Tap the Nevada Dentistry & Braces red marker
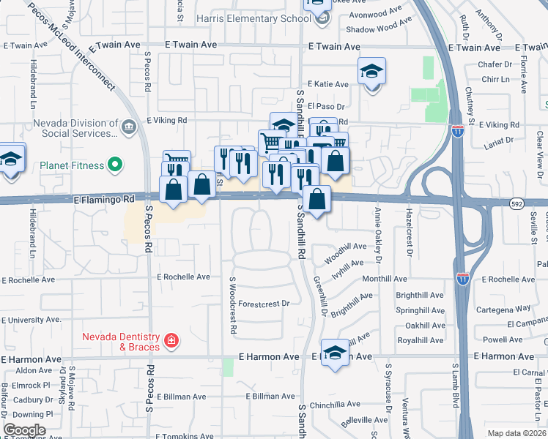pos(171,340)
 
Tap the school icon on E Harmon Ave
pos(335,353)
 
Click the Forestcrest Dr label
pos(264,303)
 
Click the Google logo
pos(24,430)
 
